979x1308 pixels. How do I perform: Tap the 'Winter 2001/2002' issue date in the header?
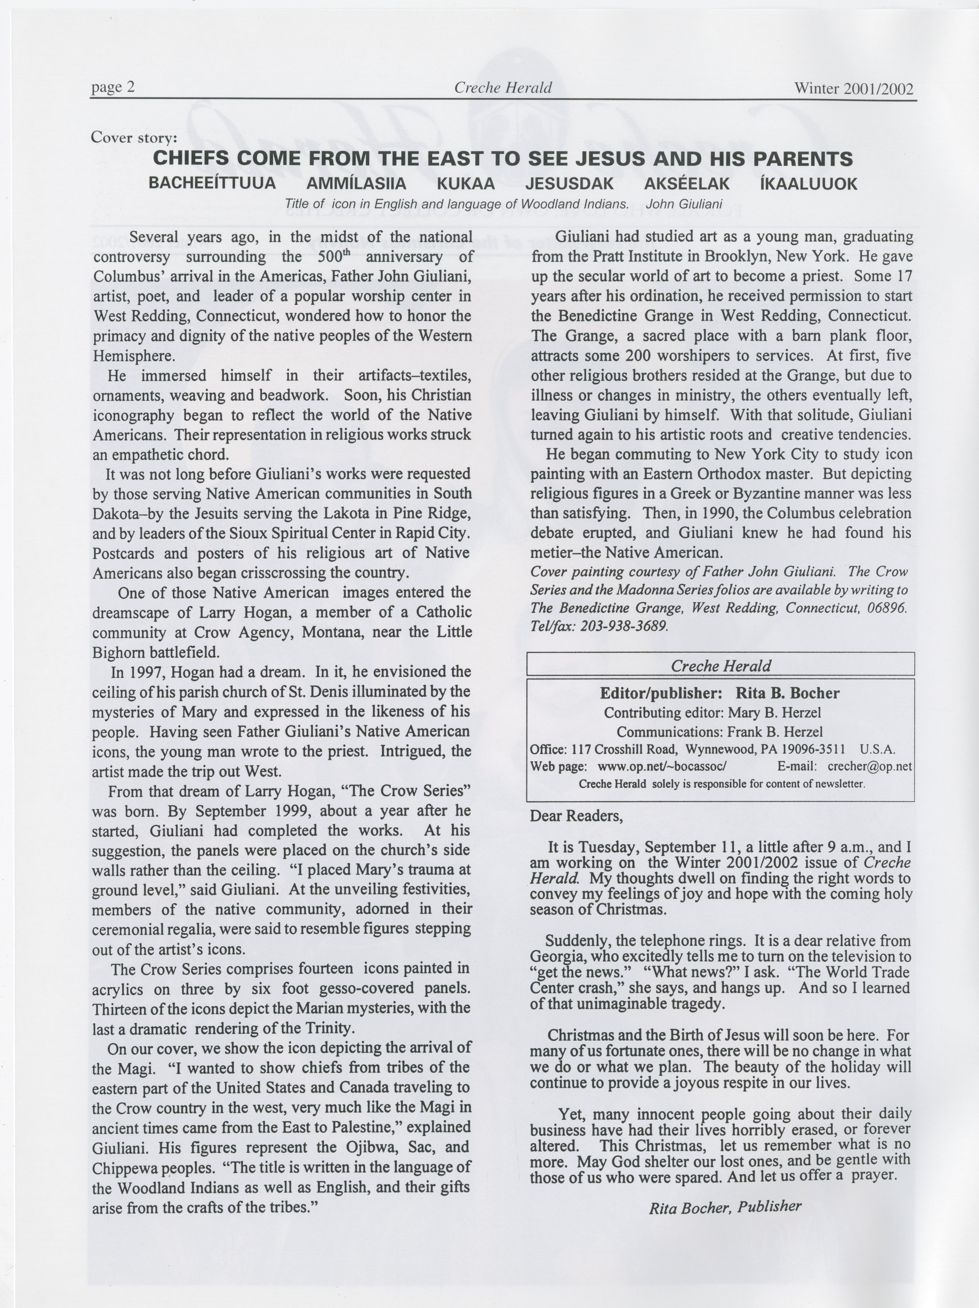coord(854,89)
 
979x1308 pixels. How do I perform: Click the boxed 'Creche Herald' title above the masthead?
coord(721,666)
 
